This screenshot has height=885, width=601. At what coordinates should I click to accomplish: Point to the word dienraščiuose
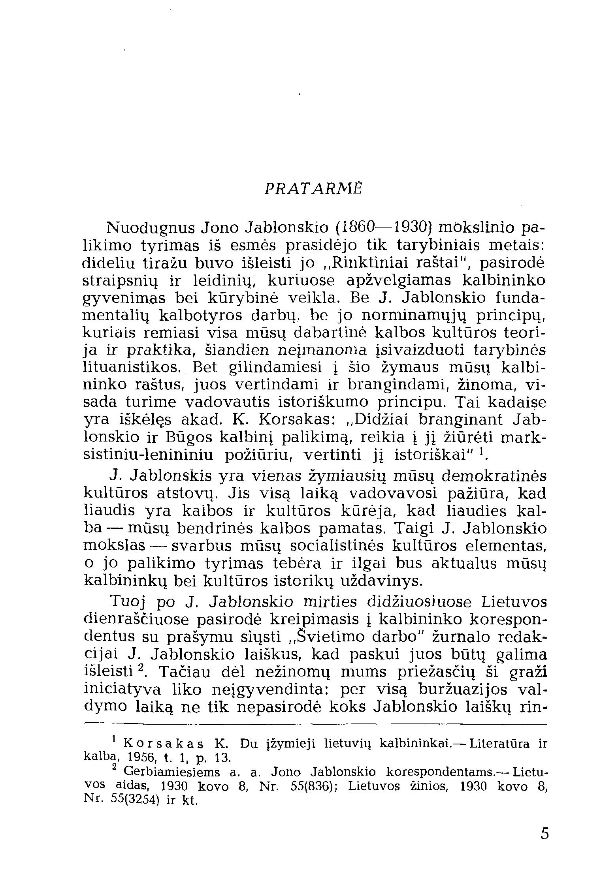[x=137, y=620]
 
